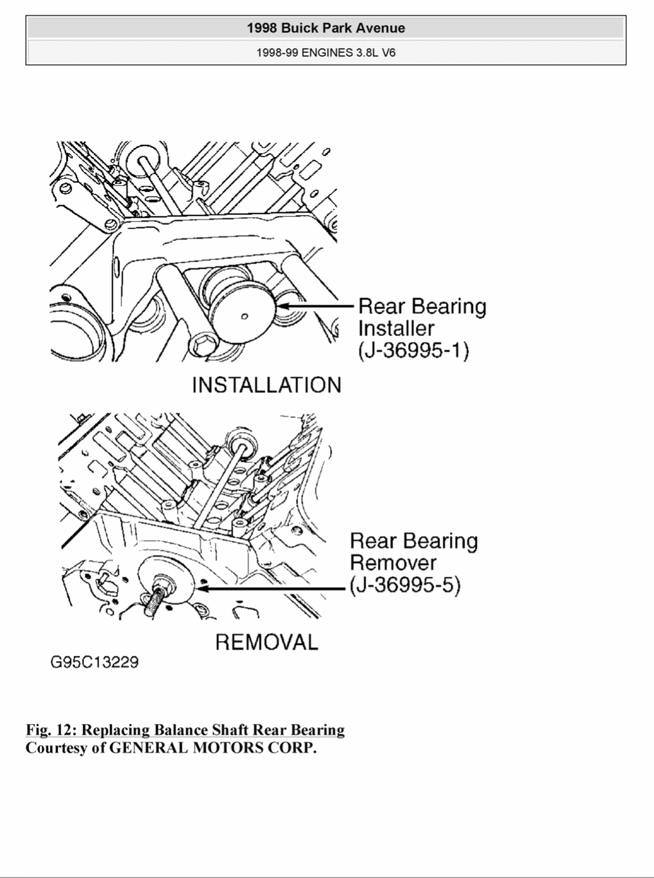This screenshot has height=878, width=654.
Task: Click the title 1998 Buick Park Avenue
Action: (326, 28)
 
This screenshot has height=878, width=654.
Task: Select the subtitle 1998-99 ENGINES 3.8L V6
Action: (326, 53)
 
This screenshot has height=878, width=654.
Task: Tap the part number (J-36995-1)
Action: (414, 350)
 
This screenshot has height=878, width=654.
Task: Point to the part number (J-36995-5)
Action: (406, 584)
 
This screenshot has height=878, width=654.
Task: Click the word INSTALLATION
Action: (266, 385)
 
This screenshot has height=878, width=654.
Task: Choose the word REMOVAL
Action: (267, 642)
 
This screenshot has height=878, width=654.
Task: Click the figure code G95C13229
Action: (95, 662)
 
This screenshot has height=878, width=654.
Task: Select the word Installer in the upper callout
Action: (397, 328)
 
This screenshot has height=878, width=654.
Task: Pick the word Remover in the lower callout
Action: (393, 563)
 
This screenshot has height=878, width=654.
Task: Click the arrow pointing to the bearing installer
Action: (315, 306)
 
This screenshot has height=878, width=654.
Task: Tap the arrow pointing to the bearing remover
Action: (272, 589)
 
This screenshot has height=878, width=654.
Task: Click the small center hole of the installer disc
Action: (245, 316)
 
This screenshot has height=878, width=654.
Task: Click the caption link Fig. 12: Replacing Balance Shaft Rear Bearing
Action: (185, 729)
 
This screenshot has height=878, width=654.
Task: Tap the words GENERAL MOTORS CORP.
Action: (212, 748)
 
